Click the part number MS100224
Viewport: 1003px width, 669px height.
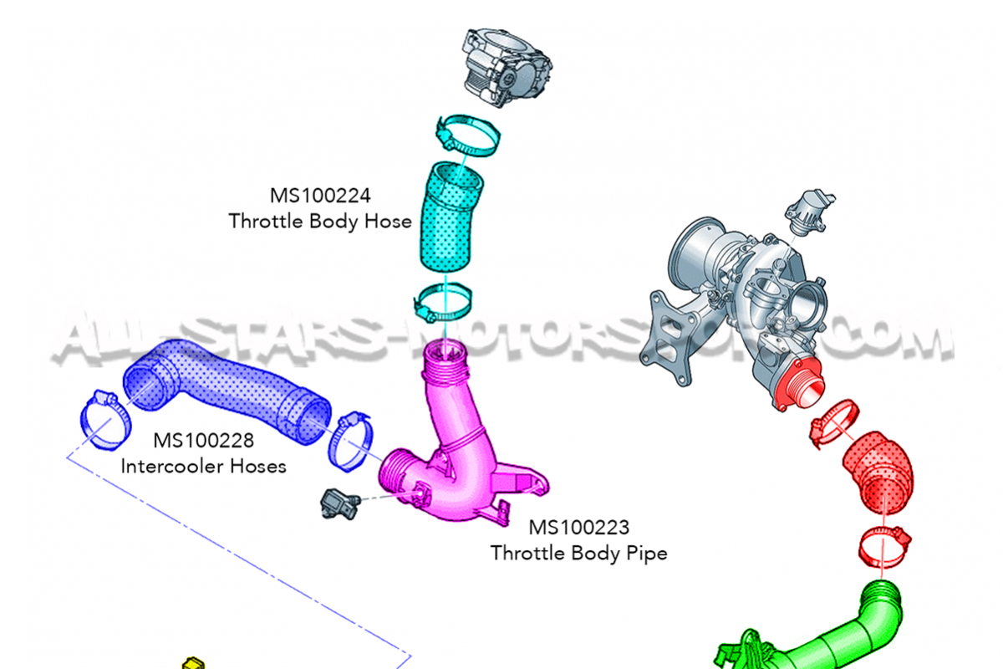tap(320, 196)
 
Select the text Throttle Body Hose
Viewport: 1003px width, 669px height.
tap(320, 222)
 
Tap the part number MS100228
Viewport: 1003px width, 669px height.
tap(204, 441)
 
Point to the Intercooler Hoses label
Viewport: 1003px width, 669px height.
tap(204, 467)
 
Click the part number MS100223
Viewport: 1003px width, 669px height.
tap(579, 528)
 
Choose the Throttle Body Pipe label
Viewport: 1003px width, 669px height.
tap(579, 553)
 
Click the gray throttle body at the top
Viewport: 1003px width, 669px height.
tap(507, 67)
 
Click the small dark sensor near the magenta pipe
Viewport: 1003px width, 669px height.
tap(339, 504)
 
